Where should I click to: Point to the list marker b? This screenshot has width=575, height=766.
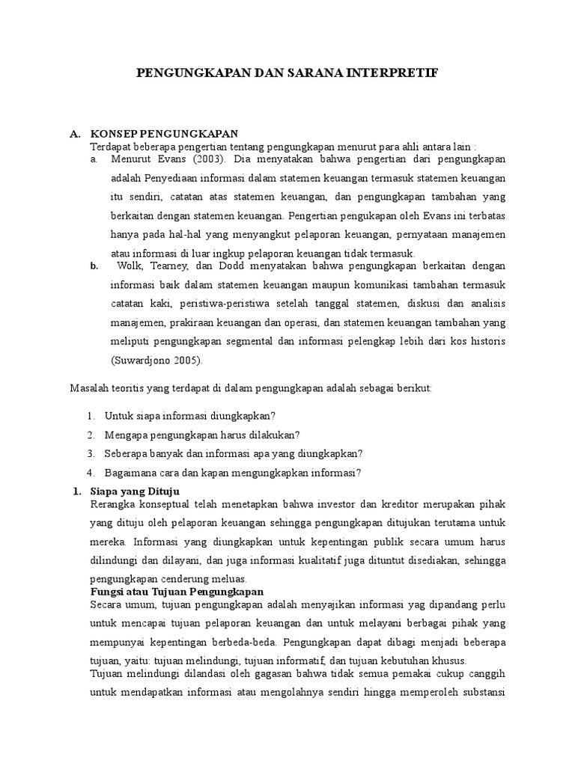tap(94, 266)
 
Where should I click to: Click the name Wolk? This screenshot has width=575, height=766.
tap(130, 266)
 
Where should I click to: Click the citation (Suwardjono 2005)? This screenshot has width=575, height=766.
tap(156, 361)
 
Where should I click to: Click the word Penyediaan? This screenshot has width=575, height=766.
tap(173, 179)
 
